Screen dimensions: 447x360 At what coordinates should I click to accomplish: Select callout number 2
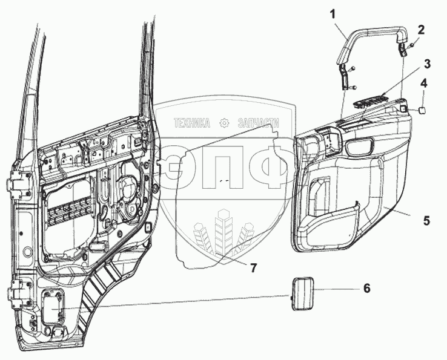point(421,29)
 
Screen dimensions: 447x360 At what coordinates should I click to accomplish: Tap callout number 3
point(427,63)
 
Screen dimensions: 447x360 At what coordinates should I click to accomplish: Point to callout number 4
point(425,83)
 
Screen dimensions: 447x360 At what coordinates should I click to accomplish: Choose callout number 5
point(426,221)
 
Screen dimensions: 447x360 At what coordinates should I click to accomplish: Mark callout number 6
point(366,289)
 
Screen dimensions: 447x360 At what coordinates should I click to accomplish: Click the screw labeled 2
point(410,44)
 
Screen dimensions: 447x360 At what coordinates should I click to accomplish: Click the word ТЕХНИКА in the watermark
point(193,123)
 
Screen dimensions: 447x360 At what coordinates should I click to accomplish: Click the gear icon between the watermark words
point(225,123)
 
